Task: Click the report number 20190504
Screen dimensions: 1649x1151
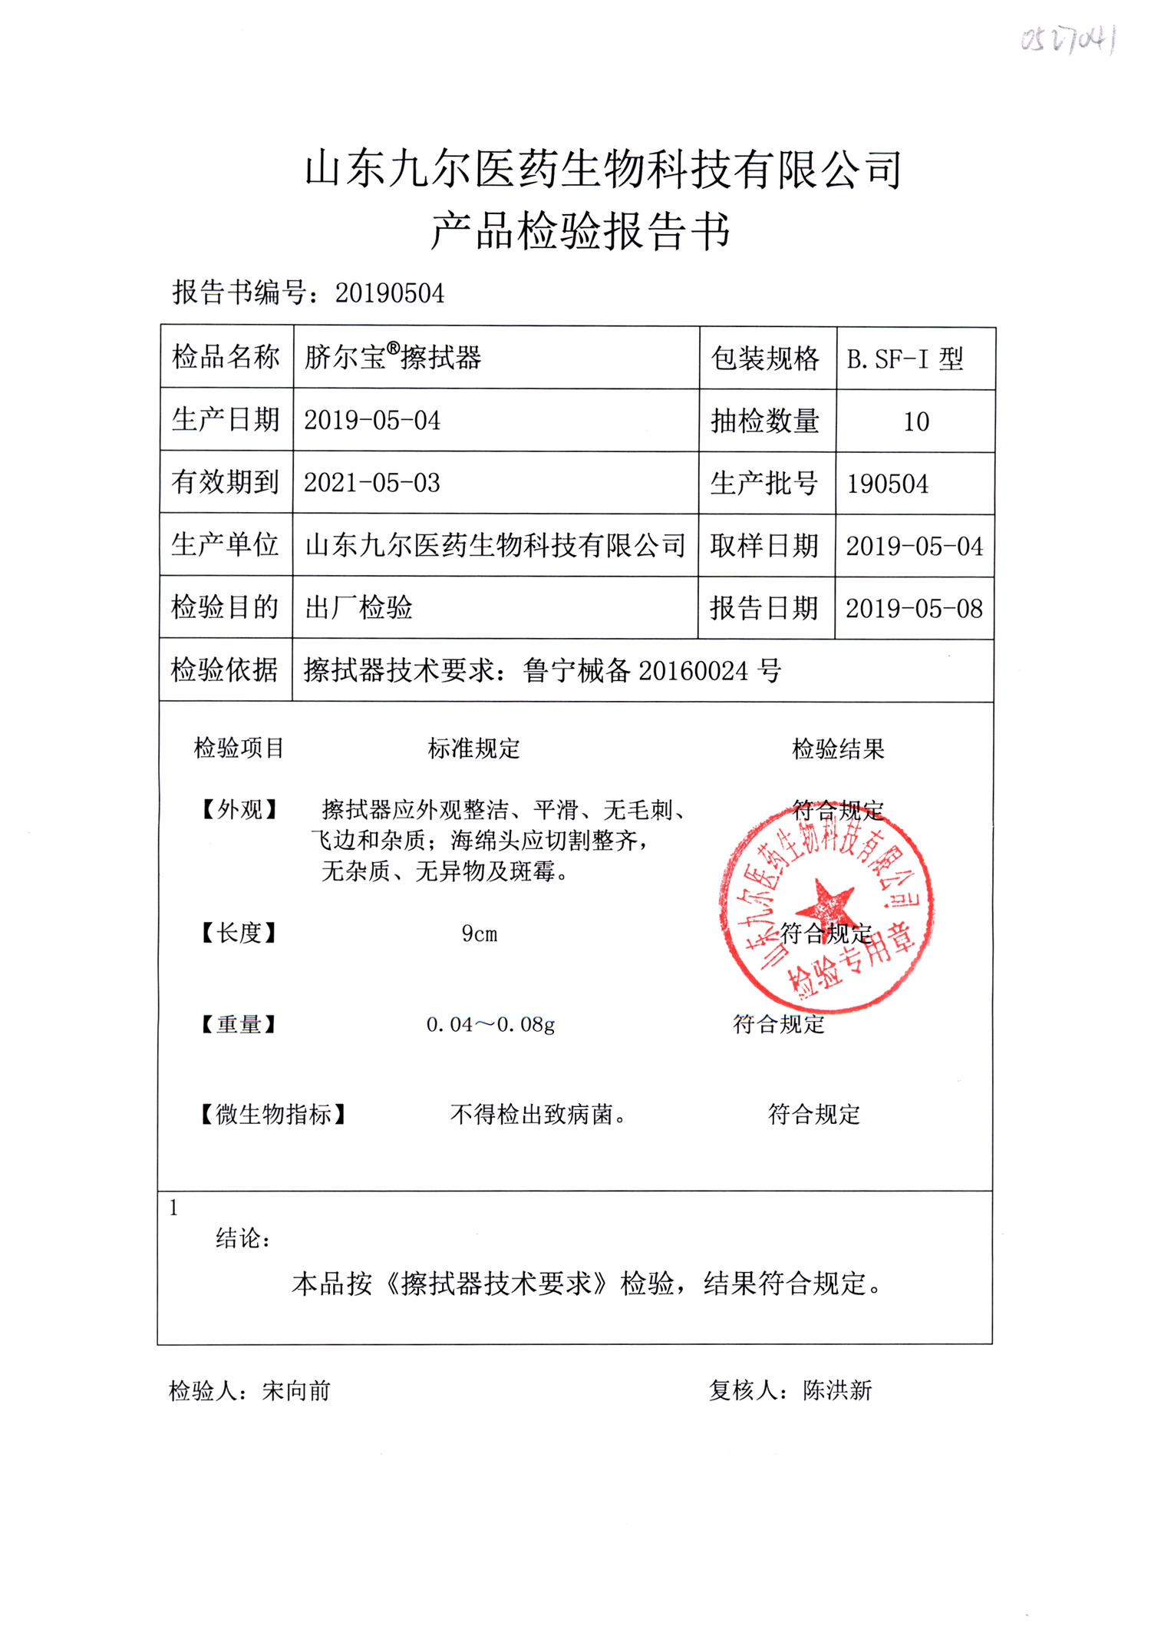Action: click(390, 293)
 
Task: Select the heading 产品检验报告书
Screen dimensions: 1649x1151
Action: click(580, 230)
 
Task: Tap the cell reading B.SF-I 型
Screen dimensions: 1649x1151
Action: click(905, 359)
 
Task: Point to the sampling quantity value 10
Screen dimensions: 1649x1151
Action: click(916, 421)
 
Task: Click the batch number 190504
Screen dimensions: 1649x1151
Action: click(888, 484)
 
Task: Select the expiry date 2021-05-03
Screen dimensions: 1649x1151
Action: click(372, 483)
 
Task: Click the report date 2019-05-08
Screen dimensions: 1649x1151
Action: click(914, 609)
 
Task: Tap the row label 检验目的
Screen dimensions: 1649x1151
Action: click(225, 607)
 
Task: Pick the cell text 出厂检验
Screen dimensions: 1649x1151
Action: click(358, 608)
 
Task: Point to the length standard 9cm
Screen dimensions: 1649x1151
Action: click(480, 934)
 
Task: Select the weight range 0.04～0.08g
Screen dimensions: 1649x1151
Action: click(490, 1024)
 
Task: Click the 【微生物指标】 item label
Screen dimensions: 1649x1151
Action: click(273, 1114)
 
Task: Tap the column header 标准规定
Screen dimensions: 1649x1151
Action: click(473, 748)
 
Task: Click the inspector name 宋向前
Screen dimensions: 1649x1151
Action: click(296, 1390)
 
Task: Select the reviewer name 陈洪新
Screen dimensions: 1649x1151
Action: click(837, 1390)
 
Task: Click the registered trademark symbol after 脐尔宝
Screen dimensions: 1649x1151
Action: click(394, 349)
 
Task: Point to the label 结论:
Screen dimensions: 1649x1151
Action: click(242, 1238)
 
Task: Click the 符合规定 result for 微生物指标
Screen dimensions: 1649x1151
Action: click(814, 1114)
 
